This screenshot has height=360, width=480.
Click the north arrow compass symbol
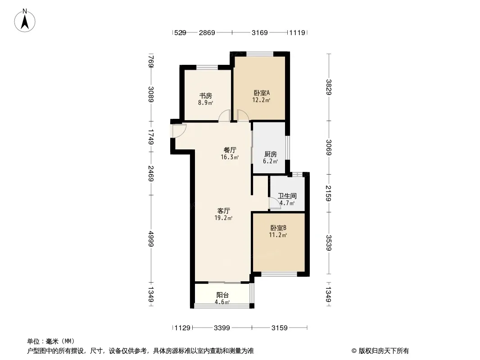25,21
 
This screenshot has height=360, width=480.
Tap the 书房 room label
206,96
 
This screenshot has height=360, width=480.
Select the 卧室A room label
262,93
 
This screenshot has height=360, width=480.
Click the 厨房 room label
271,154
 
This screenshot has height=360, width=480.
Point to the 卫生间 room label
287,196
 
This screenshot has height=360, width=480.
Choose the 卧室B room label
278,228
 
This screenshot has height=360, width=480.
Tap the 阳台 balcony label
222,295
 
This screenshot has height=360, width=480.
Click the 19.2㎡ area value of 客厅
223,218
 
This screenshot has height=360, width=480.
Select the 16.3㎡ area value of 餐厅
230,157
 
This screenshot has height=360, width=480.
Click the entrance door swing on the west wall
179,130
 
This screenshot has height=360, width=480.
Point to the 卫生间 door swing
275,203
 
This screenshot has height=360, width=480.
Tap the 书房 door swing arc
224,116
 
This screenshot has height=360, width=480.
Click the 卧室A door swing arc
243,116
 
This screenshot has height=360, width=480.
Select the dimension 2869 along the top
207,32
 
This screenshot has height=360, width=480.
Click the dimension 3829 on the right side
328,87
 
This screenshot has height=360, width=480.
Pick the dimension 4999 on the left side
151,239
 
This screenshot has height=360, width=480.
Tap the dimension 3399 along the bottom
222,328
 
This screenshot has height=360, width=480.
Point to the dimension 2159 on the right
328,193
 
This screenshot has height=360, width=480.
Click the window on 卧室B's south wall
279,274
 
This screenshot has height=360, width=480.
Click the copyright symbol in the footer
354,351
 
